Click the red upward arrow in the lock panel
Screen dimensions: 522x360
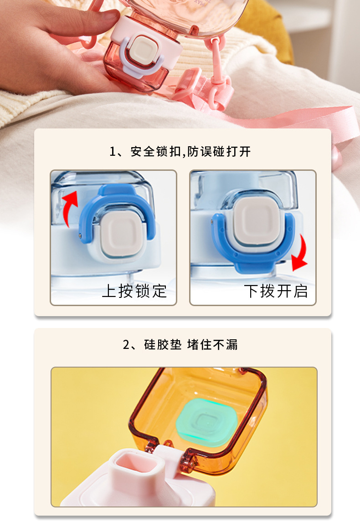69,207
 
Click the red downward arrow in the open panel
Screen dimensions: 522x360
299,255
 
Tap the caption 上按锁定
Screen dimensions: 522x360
134,291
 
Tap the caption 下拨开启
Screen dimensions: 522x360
276,291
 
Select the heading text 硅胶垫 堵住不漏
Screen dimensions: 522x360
191,345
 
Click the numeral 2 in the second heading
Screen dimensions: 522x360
127,345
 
